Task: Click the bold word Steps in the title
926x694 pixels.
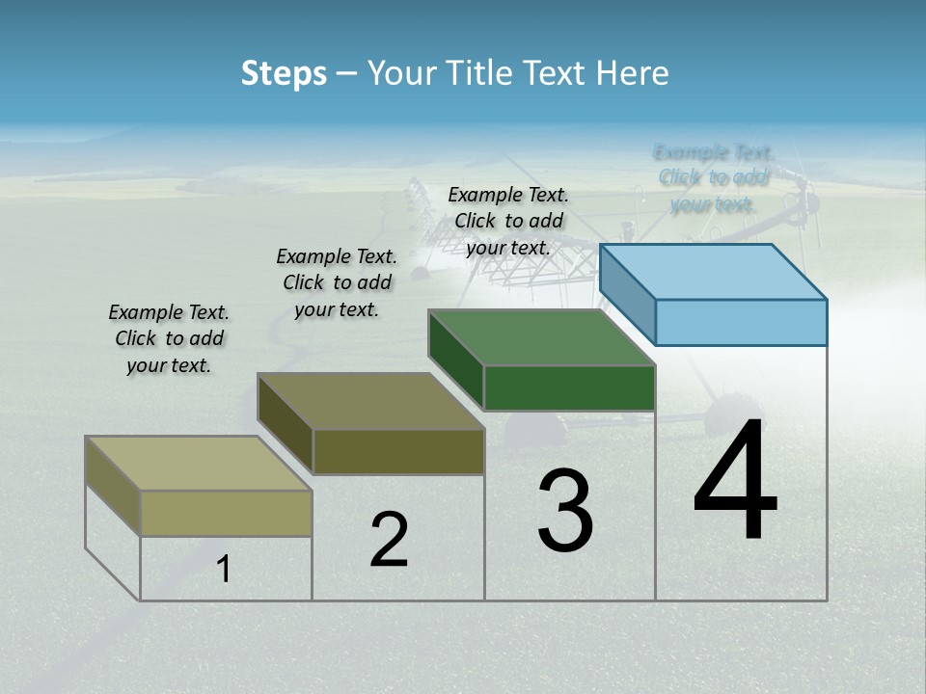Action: (x=284, y=73)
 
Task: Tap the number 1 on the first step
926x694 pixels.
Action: (x=224, y=570)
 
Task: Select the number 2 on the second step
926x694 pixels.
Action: (x=389, y=540)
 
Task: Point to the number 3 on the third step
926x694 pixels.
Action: (x=565, y=511)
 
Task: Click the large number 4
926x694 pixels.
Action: (x=735, y=481)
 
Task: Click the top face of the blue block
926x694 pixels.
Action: (x=714, y=272)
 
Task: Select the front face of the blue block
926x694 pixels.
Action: (x=741, y=322)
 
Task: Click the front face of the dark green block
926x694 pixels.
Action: (x=569, y=387)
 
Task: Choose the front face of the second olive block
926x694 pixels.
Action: (x=398, y=451)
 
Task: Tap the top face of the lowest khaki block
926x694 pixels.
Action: (x=199, y=464)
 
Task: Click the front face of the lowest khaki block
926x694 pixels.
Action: (x=227, y=513)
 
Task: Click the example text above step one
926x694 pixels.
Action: (x=169, y=338)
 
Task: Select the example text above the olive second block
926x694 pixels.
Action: (x=337, y=282)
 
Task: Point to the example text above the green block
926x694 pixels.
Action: (x=508, y=221)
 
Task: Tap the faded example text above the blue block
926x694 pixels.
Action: (x=713, y=178)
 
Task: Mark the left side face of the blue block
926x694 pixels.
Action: (x=627, y=294)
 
